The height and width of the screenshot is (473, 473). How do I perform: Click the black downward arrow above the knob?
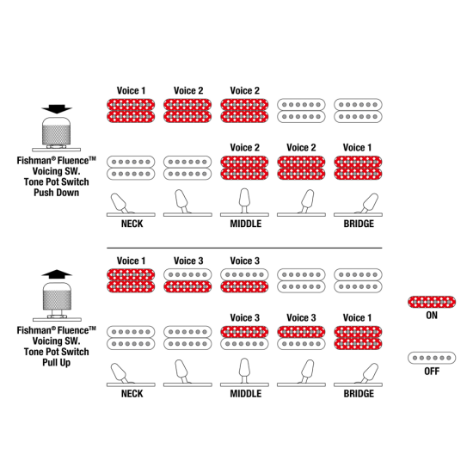pyautogui.click(x=57, y=109)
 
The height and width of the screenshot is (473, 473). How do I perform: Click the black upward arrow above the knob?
pyautogui.click(x=57, y=274)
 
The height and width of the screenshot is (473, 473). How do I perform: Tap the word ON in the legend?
pyautogui.click(x=432, y=316)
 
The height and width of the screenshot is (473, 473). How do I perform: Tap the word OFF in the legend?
pyautogui.click(x=432, y=371)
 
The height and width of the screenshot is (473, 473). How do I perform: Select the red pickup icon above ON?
pyautogui.click(x=432, y=302)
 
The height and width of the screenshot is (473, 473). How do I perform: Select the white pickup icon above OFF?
pyautogui.click(x=432, y=358)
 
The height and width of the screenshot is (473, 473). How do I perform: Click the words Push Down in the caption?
pyautogui.click(x=57, y=193)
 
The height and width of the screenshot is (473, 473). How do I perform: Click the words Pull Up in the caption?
pyautogui.click(x=57, y=362)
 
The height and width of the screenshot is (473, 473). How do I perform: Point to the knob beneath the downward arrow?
pyautogui.click(x=57, y=132)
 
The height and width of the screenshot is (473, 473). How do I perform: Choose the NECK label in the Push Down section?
pyautogui.click(x=132, y=224)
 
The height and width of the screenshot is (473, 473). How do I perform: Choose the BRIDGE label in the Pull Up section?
pyautogui.click(x=359, y=394)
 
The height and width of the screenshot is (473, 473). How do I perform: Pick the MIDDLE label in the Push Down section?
pyautogui.click(x=246, y=224)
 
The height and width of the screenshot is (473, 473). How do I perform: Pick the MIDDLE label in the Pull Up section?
pyautogui.click(x=246, y=394)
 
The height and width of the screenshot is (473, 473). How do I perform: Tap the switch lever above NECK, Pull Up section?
pyautogui.click(x=120, y=373)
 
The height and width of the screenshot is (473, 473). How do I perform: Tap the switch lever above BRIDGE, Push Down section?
pyautogui.click(x=369, y=203)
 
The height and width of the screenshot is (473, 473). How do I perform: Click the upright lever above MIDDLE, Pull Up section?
pyautogui.click(x=244, y=371)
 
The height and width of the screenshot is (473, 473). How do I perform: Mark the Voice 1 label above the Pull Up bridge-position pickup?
pyautogui.click(x=357, y=317)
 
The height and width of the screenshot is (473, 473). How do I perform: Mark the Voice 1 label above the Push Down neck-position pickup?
pyautogui.click(x=131, y=90)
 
